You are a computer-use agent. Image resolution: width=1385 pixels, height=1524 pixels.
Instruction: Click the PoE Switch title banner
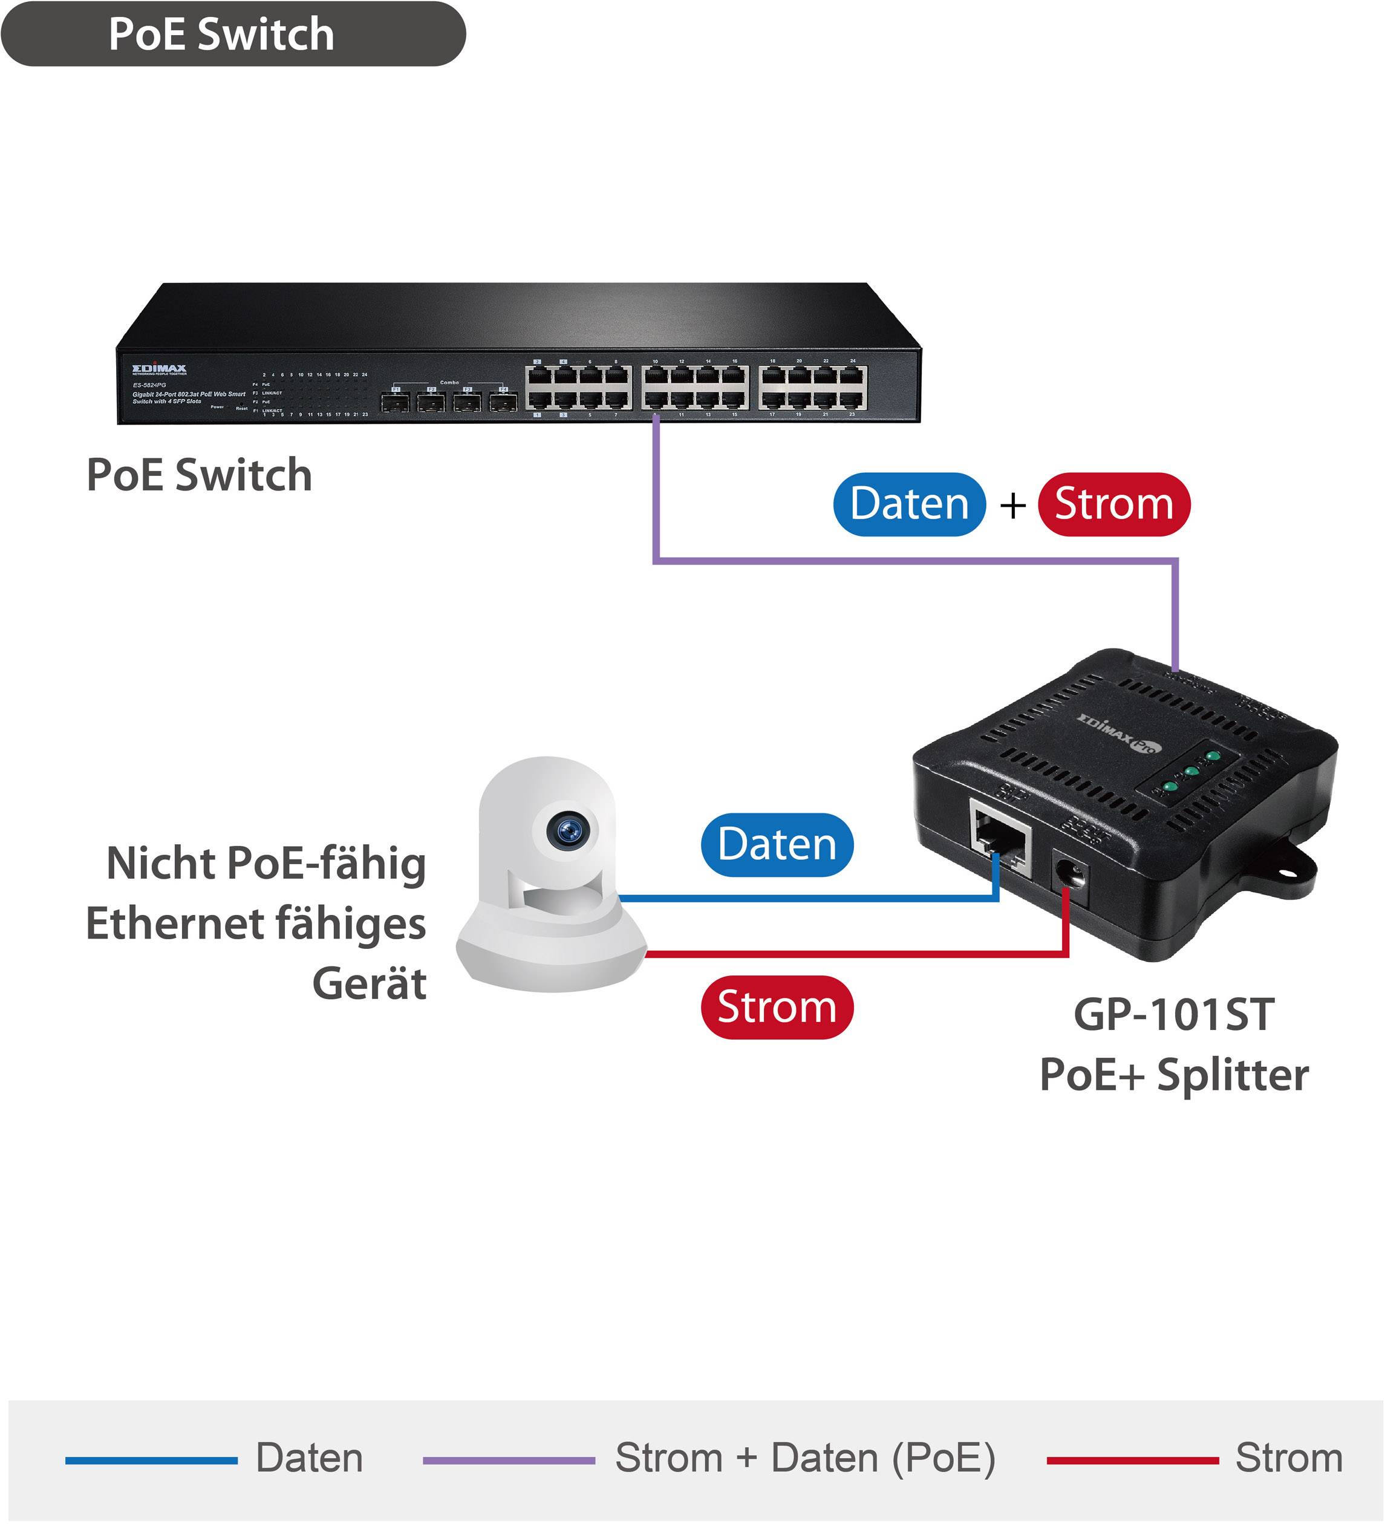(233, 34)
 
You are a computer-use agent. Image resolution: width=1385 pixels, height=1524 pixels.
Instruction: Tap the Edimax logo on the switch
(160, 369)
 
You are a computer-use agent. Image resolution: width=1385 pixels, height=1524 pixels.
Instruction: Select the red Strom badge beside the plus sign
(1113, 504)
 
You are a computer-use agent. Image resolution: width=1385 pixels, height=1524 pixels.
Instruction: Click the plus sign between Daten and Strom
(1013, 505)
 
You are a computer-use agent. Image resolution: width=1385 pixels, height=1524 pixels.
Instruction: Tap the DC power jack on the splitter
(1071, 877)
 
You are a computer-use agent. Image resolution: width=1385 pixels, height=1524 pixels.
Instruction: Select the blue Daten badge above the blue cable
(777, 844)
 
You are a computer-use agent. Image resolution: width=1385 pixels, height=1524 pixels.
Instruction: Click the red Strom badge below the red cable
(777, 1007)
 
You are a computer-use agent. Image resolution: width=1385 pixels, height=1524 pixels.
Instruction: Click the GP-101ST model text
(1173, 1015)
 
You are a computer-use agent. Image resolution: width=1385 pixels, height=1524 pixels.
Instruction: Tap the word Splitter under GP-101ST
(1233, 1075)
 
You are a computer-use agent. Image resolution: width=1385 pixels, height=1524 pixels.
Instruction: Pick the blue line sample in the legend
(151, 1460)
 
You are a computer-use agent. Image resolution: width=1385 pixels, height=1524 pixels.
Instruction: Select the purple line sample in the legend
(509, 1460)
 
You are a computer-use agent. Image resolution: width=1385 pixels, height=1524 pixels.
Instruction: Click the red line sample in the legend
(1132, 1460)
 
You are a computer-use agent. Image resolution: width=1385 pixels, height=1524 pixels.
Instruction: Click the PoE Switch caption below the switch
(199, 475)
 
